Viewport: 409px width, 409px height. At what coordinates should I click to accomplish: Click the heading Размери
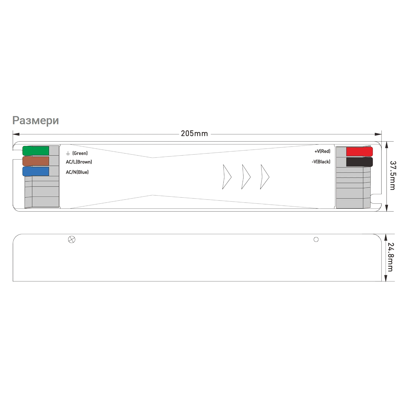coord(35,121)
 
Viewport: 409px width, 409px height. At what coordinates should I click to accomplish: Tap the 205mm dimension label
coord(194,133)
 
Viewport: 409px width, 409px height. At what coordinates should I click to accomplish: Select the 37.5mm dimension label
coord(393,175)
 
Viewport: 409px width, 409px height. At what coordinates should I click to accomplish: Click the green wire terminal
coord(36,151)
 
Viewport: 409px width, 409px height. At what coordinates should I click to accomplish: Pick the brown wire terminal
coord(36,161)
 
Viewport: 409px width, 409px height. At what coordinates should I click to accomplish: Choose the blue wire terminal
coord(36,171)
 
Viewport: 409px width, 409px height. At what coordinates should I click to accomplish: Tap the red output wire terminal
coord(359,152)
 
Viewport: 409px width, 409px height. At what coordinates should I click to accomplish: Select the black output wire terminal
coord(359,162)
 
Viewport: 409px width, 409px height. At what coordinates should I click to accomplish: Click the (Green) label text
coord(80,153)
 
